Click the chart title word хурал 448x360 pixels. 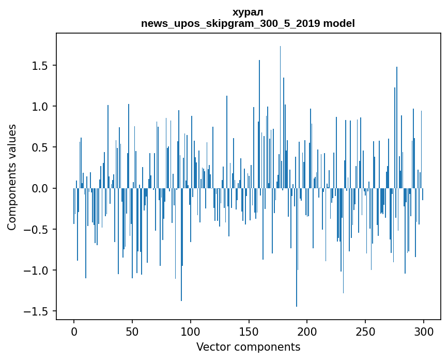click(248, 12)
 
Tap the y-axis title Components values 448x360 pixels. click(12, 177)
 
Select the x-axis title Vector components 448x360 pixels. click(248, 347)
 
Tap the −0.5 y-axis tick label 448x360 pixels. click(37, 230)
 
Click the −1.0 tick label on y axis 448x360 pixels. click(37, 271)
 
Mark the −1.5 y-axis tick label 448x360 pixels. click(37, 311)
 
